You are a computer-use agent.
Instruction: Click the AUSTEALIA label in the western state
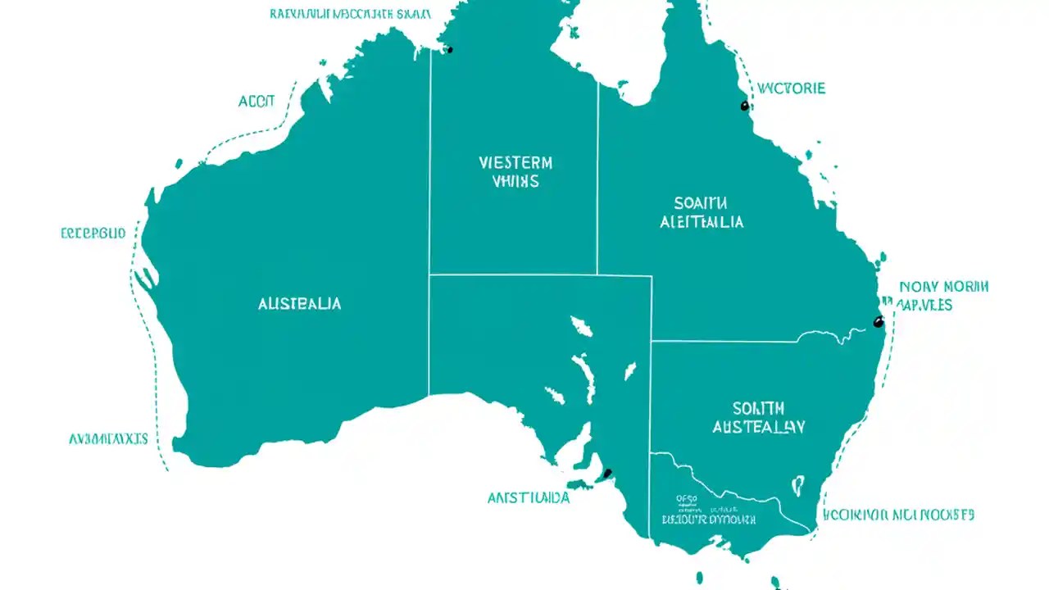pos(299,304)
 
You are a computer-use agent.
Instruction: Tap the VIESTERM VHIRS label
pos(515,172)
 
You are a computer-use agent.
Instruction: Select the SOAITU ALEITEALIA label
pos(702,212)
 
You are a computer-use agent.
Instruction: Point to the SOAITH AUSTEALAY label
pos(758,418)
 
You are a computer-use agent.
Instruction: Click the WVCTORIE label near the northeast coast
pos(791,88)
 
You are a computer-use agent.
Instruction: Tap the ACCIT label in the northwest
pos(257,102)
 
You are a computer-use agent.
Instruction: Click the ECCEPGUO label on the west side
pos(93,234)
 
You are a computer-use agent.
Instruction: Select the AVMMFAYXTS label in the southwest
pos(108,439)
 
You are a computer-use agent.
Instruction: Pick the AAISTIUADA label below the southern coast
pos(529,497)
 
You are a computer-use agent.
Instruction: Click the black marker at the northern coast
pos(449,50)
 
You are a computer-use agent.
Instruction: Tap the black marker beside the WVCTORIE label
pos(744,106)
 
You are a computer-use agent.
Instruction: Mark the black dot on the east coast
pos(878,321)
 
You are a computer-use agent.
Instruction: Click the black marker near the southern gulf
pos(607,473)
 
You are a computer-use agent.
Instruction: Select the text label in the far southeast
pos(897,515)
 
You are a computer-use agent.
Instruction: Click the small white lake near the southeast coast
pos(797,486)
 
